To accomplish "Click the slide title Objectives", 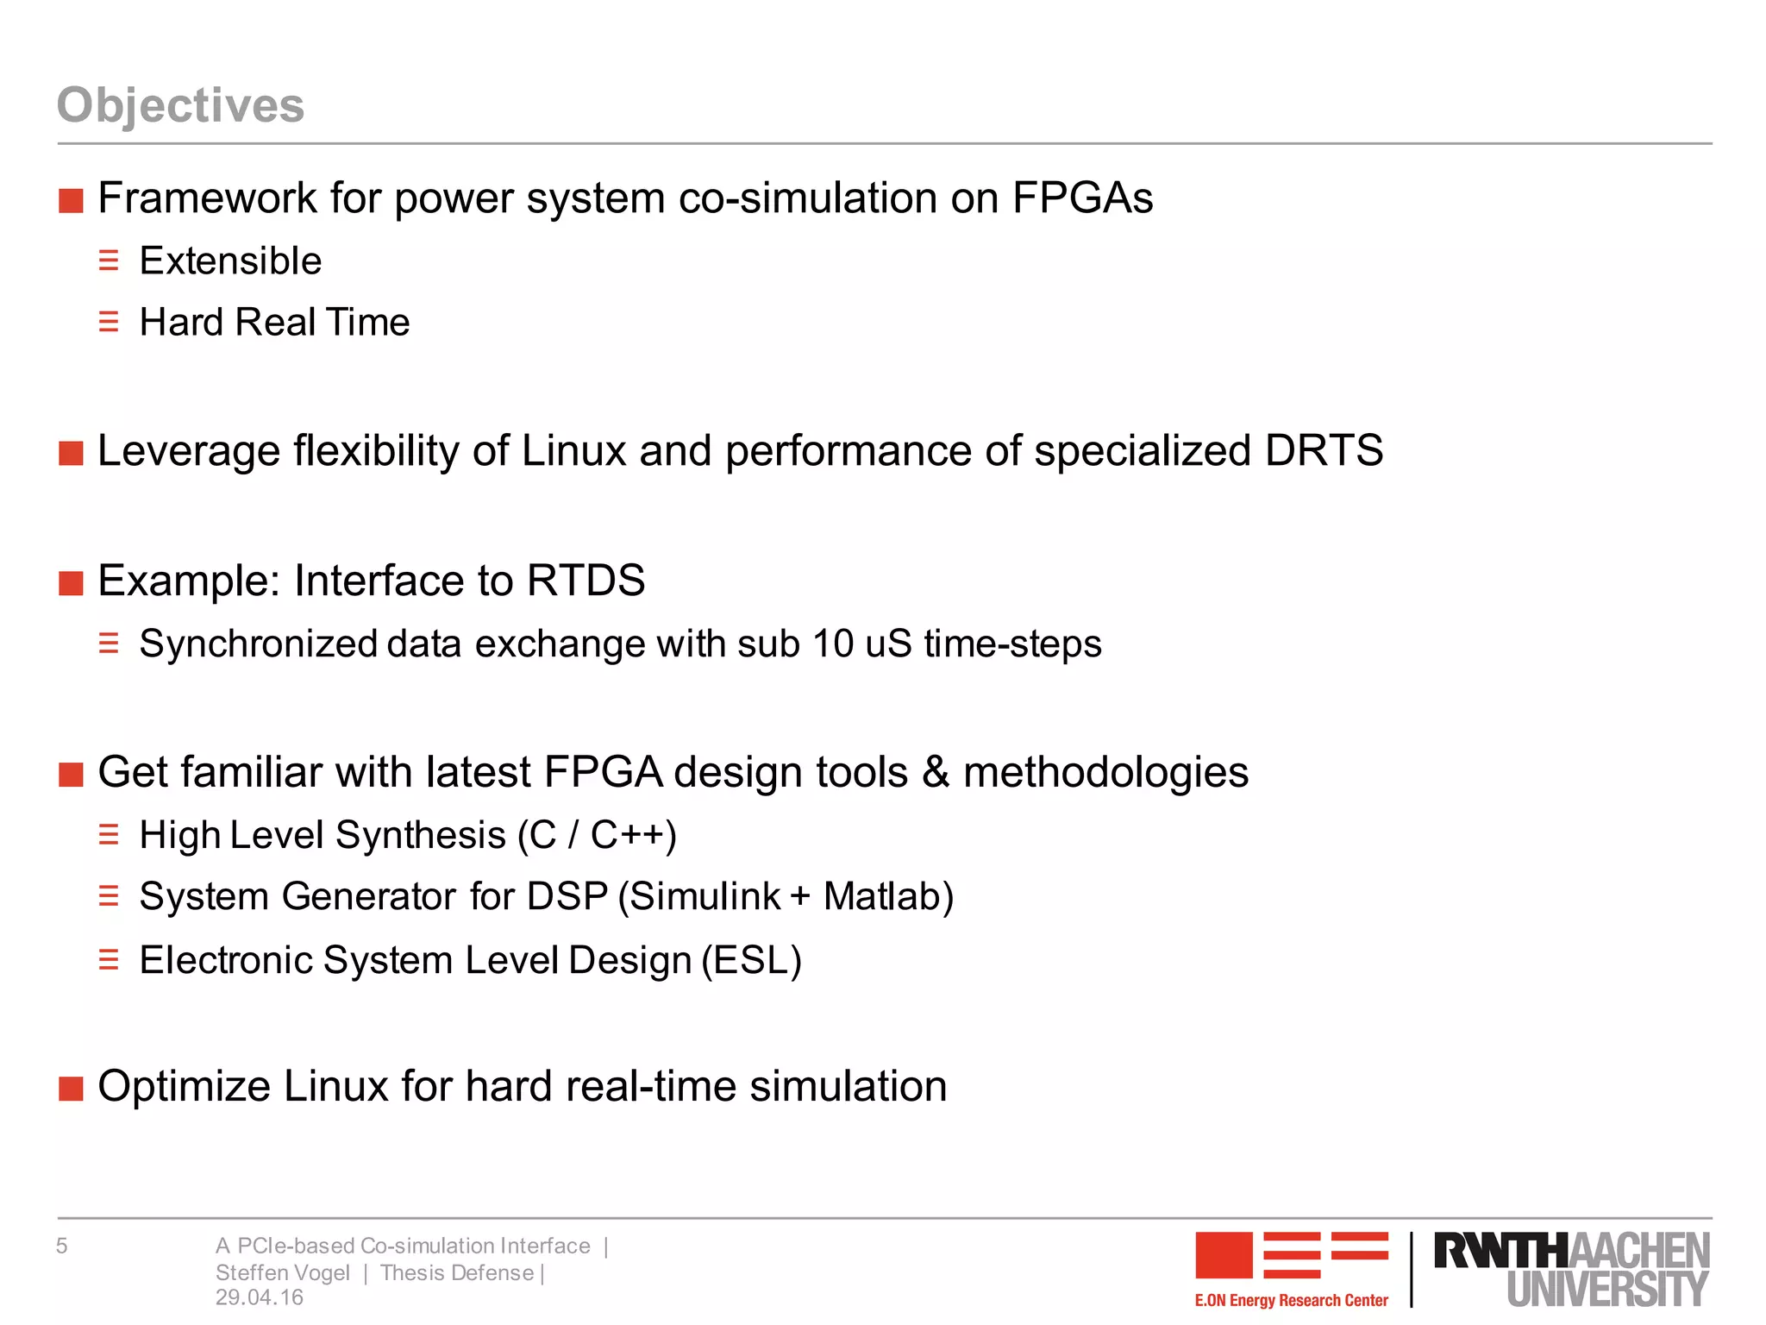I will pos(180,105).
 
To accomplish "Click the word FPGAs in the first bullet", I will pos(1082,198).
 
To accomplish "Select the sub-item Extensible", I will pos(230,261).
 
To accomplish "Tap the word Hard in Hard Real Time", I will pos(181,323).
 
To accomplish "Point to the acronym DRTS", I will pos(1324,450).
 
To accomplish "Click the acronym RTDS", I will pos(586,581).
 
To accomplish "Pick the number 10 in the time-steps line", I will pos(833,644).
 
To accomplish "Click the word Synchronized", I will pos(258,644).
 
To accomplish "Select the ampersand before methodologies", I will pos(935,772).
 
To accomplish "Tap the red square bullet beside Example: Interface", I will pos(71,583).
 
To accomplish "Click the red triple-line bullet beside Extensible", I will pos(109,261).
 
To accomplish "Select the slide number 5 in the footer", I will pos(62,1246).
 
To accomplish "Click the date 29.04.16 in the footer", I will pos(260,1297).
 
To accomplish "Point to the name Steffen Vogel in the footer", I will pos(283,1273).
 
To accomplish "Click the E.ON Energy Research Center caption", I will pos(1291,1300).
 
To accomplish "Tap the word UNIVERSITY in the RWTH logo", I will pos(1607,1290).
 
